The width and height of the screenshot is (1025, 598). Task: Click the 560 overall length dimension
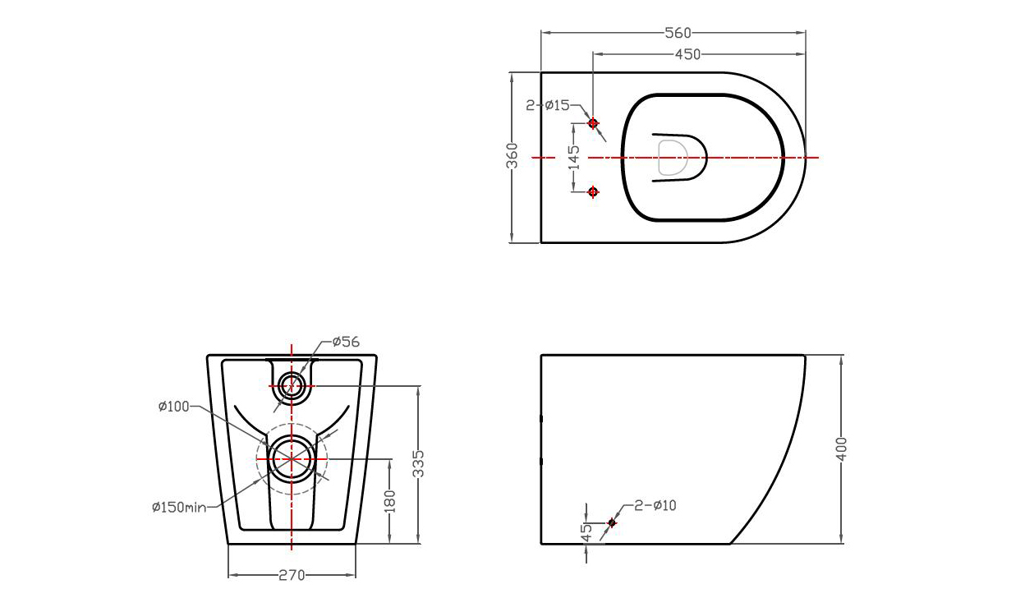pos(678,33)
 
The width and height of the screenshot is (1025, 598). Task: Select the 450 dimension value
pos(687,54)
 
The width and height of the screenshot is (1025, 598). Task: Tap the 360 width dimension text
pos(512,155)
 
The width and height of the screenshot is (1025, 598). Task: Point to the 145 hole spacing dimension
pos(574,157)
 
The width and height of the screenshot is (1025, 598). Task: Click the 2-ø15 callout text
pos(548,105)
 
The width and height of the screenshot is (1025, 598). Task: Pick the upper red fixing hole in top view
pos(593,123)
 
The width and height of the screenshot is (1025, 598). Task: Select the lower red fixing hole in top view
pos(594,192)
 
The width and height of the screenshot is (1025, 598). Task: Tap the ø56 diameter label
pos(346,342)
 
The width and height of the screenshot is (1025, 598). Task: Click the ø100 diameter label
pos(173,406)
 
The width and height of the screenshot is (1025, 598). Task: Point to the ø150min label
pos(178,507)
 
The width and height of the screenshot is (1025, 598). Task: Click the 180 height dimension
pos(389,501)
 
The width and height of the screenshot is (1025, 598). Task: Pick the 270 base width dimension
pos(292,575)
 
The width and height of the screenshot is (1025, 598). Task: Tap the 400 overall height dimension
pos(841,448)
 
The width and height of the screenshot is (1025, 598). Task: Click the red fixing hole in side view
pos(612,522)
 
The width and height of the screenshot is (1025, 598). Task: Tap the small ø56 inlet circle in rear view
pos(292,384)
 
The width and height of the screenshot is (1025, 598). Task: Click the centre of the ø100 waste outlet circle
pos(292,458)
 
